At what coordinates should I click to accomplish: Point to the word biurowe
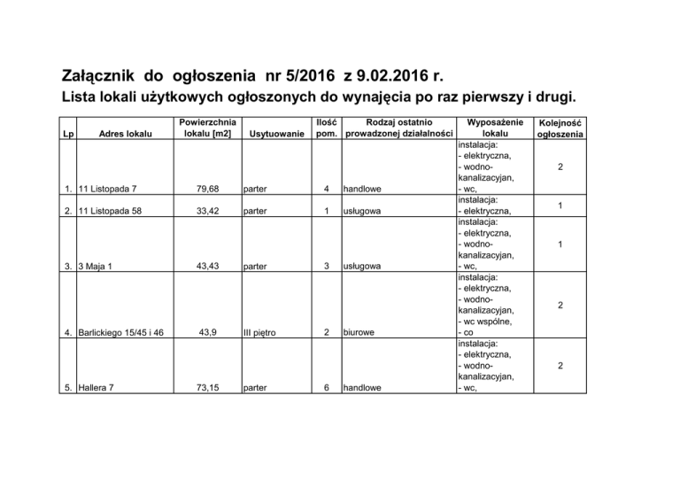click(366, 333)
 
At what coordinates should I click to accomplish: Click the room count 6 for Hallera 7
click(327, 387)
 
